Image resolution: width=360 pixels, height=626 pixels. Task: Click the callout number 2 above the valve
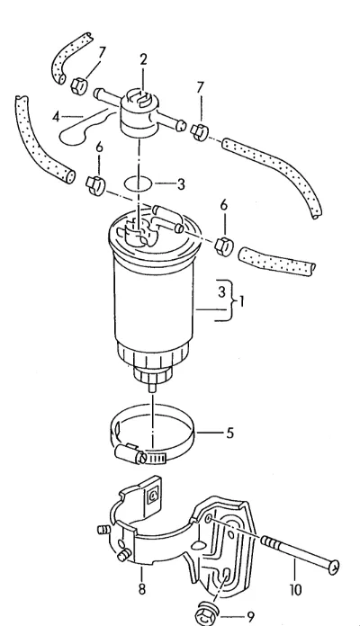143,59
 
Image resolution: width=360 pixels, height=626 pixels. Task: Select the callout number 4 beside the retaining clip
56,117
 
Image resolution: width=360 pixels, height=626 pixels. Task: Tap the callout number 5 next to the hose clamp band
229,433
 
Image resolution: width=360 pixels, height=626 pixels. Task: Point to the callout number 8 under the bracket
142,589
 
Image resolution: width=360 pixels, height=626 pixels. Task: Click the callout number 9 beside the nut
251,617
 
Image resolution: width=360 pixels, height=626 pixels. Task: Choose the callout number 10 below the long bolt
295,590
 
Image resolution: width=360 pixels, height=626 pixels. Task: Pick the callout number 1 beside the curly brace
241,301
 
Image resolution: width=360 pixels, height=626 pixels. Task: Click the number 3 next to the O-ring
181,184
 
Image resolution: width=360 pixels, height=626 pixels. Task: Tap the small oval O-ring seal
138,184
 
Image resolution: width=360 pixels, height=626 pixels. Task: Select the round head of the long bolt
334,567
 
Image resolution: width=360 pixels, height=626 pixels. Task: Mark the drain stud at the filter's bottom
152,388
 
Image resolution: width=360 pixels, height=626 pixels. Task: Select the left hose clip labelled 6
95,185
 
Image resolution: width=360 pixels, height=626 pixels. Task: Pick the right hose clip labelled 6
224,246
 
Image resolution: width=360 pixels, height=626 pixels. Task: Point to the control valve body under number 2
139,114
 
